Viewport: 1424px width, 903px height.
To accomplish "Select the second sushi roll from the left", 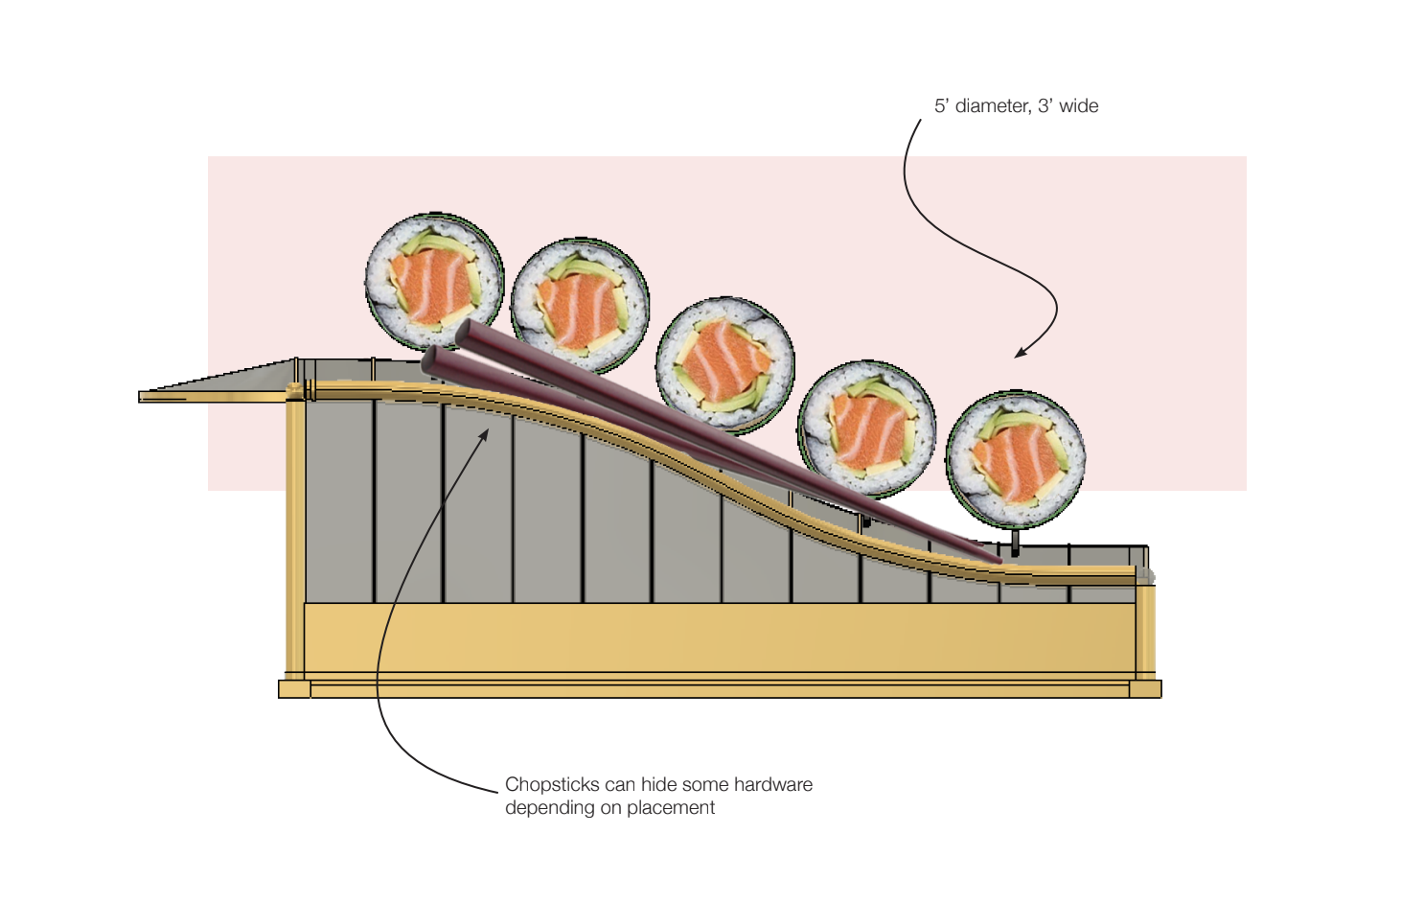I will (x=580, y=304).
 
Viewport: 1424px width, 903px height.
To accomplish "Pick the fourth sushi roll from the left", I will (x=867, y=428).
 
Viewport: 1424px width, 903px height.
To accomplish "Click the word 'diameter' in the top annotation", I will (x=992, y=106).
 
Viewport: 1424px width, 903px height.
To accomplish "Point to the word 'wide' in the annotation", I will (x=1079, y=106).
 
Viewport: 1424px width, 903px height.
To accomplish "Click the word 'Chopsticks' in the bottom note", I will (x=552, y=785).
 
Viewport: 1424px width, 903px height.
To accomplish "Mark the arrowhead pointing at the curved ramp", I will (x=484, y=435).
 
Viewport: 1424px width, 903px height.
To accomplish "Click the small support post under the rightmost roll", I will (x=1015, y=541).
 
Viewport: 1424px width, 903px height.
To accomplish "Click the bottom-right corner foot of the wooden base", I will (x=1145, y=689).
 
